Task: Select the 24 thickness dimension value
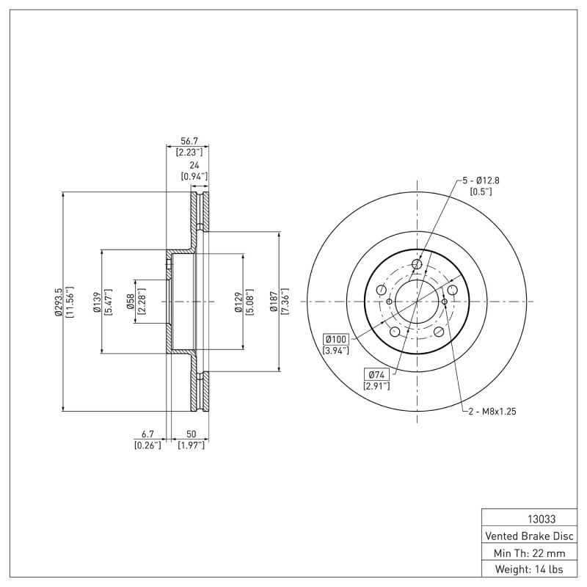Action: pos(194,165)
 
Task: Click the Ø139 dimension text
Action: pos(96,302)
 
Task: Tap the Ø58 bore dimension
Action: pos(130,302)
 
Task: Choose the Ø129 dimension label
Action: pos(238,302)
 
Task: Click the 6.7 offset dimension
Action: pos(147,434)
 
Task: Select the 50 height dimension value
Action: pos(191,434)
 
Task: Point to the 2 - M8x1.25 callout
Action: pos(493,412)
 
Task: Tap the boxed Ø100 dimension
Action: pos(336,339)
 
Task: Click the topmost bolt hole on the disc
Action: pos(418,265)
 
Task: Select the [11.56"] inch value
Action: pos(70,302)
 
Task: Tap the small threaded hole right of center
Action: pos(445,302)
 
